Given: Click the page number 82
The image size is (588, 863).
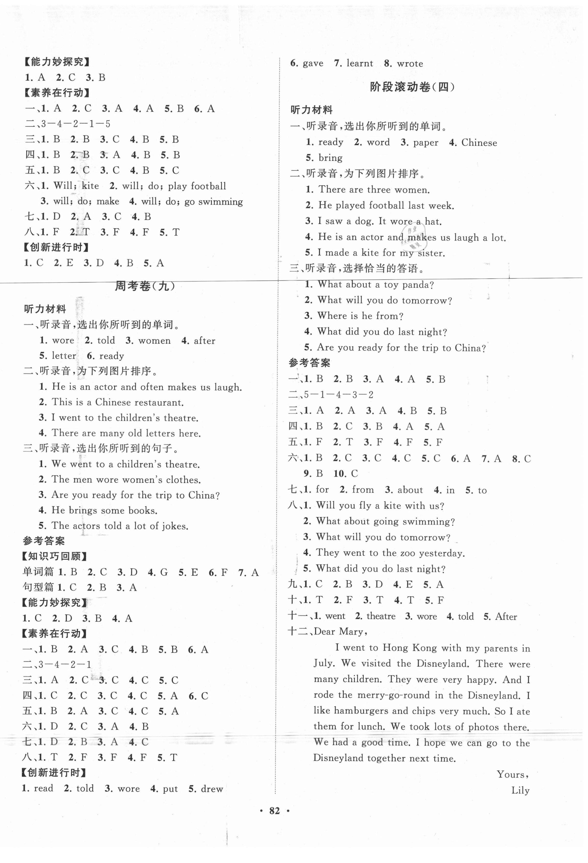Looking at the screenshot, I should click(x=274, y=811).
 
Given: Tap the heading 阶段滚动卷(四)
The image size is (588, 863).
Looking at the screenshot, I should click(x=412, y=87).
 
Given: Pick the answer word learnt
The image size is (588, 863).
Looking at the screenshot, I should click(x=359, y=64).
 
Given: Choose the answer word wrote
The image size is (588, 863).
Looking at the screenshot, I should click(x=410, y=64).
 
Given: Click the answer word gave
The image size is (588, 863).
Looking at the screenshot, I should click(x=313, y=64).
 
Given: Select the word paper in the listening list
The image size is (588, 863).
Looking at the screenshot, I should click(x=425, y=143).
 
